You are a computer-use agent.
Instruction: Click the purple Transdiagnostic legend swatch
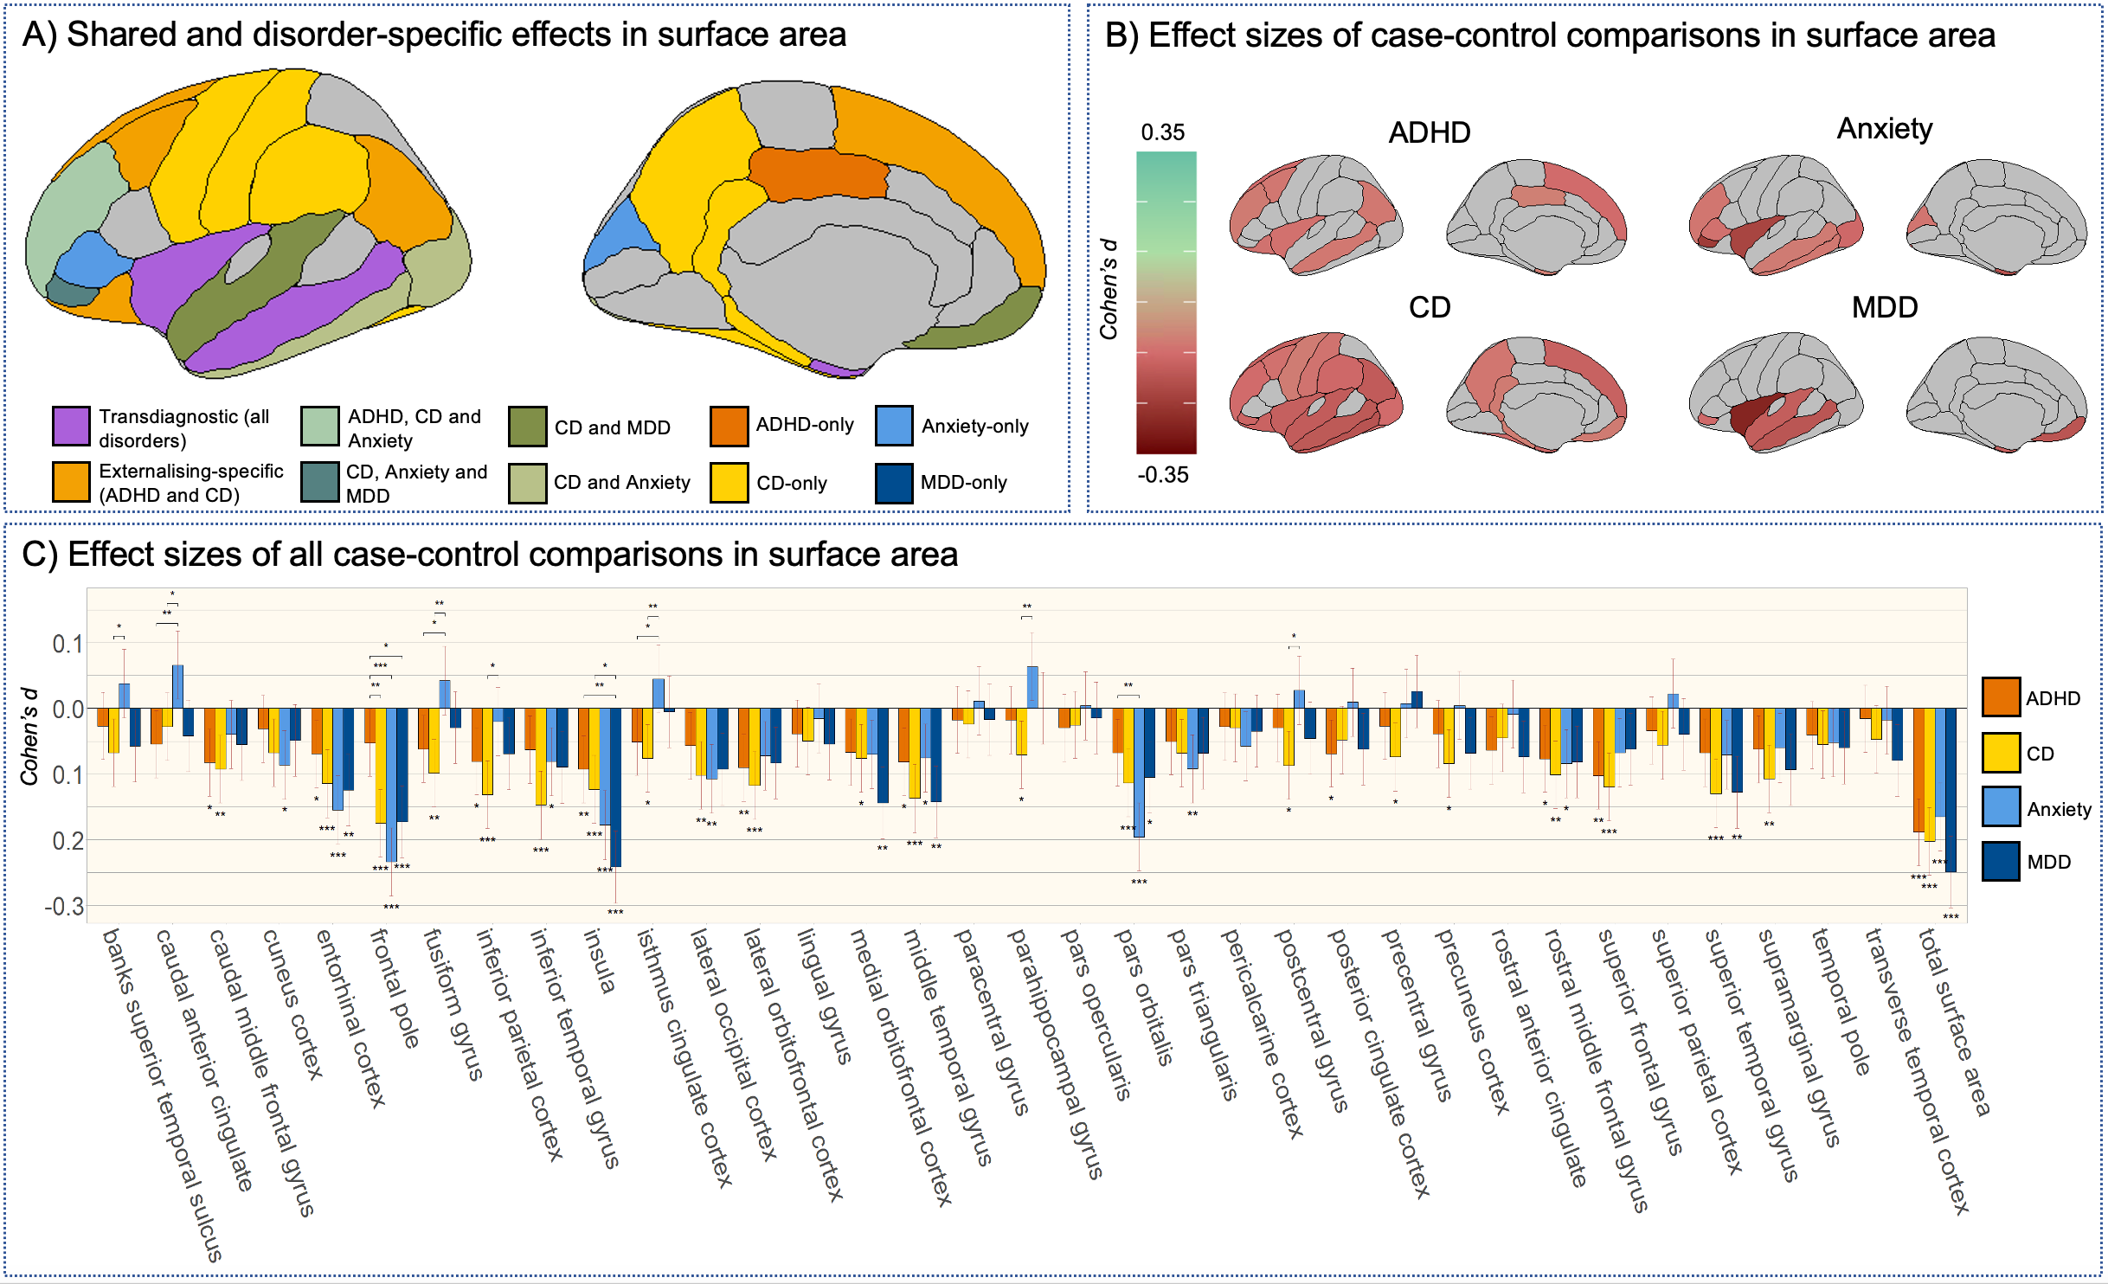[x=71, y=426]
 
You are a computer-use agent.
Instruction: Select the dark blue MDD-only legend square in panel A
[x=894, y=483]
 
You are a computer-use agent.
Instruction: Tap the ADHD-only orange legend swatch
[x=729, y=426]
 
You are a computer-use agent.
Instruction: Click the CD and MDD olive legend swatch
[x=527, y=427]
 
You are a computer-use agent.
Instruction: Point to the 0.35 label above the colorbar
[x=1162, y=132]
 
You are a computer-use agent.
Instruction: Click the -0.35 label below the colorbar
[x=1162, y=475]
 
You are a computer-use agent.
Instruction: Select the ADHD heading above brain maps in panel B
[x=1429, y=132]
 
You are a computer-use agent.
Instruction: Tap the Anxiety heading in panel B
[x=1884, y=129]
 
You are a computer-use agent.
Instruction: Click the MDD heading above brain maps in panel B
[x=1884, y=307]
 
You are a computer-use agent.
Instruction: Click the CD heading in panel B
[x=1429, y=307]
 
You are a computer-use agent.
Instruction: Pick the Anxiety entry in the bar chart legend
[x=2058, y=809]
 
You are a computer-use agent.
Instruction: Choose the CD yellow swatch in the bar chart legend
[x=2001, y=753]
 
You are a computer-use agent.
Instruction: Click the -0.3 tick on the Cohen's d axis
[x=64, y=906]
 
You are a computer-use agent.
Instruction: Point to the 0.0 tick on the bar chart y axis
[x=67, y=709]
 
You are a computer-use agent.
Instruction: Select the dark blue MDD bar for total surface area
[x=1951, y=789]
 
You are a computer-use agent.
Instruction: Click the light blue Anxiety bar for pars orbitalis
[x=1139, y=772]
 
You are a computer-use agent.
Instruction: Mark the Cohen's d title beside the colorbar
[x=1109, y=289]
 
